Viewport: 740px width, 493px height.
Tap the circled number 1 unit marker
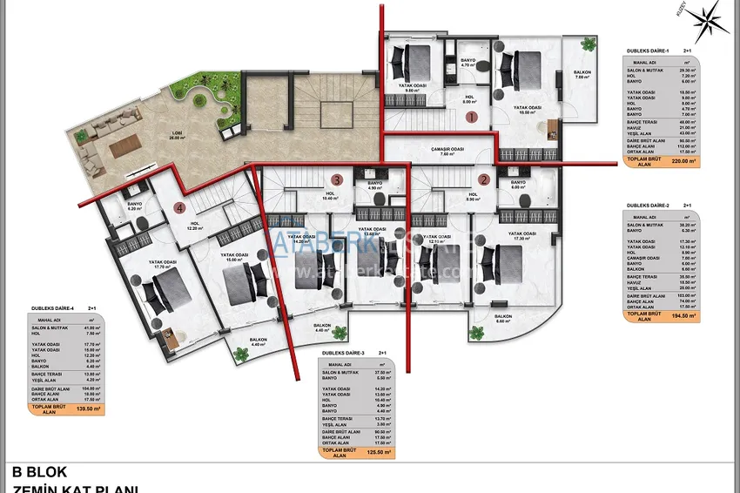[x=471, y=116]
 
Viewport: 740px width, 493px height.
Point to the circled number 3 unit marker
[x=336, y=179]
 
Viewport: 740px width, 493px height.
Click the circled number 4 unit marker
[x=179, y=207]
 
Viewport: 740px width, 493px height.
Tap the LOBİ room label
[x=177, y=136]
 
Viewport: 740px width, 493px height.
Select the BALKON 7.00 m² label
[x=582, y=75]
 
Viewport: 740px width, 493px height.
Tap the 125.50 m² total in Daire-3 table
[x=376, y=452]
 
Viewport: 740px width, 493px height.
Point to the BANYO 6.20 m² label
[x=134, y=206]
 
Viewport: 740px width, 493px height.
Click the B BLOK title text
[x=40, y=473]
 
